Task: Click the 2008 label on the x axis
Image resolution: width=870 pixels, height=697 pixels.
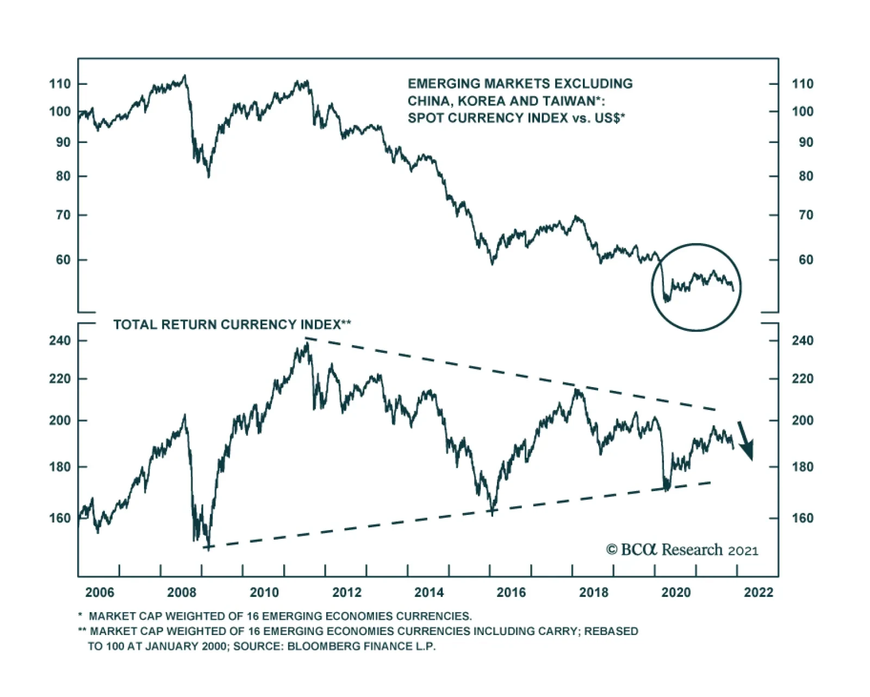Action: pos(182,592)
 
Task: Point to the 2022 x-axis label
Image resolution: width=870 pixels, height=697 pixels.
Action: pos(759,592)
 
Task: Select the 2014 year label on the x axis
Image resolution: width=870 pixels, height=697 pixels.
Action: pos(429,592)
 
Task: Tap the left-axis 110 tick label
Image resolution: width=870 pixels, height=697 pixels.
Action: pos(60,84)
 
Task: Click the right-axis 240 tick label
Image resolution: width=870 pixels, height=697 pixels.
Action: pos(803,341)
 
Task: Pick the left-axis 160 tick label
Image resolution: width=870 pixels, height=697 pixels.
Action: pos(60,518)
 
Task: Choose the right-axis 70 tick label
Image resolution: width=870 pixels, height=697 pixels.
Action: pos(806,215)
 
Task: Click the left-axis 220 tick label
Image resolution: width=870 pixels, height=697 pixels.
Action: pos(60,379)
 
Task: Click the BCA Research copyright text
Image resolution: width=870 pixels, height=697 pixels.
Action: pos(682,550)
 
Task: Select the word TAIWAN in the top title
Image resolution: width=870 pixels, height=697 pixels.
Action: pos(571,101)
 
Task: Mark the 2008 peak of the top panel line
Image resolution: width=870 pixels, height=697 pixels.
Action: pos(185,76)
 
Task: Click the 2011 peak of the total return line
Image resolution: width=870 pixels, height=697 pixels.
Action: pos(307,343)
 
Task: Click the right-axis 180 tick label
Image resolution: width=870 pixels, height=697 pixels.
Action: pos(803,467)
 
